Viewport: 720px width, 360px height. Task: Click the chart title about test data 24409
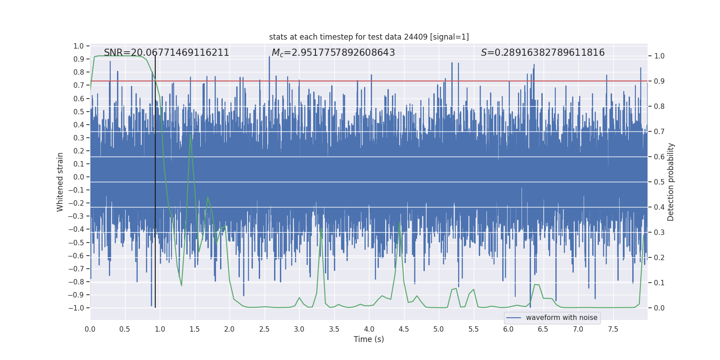[x=369, y=37]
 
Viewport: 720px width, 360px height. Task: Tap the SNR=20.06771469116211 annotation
[x=166, y=53]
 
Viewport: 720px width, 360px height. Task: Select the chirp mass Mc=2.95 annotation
[x=333, y=53]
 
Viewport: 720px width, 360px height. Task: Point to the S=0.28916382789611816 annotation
[x=543, y=53]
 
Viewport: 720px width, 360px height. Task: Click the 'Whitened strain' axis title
[x=60, y=182]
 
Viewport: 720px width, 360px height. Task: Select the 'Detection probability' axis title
[x=670, y=182]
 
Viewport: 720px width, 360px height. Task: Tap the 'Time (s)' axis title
[x=369, y=339]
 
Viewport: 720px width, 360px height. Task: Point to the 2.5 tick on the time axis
[x=264, y=329]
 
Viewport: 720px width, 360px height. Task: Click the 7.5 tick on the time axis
[x=613, y=329]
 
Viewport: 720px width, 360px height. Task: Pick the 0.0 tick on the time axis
[x=90, y=329]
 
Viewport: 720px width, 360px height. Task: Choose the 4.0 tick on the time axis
[x=369, y=329]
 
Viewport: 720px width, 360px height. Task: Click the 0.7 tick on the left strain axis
[x=79, y=85]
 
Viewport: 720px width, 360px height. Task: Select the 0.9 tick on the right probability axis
[x=659, y=81]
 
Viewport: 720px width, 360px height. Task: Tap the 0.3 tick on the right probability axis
[x=659, y=233]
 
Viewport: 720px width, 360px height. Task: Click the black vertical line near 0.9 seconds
[x=155, y=180]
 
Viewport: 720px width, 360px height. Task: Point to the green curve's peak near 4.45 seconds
[x=400, y=222]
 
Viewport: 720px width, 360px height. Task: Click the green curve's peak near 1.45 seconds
[x=190, y=134]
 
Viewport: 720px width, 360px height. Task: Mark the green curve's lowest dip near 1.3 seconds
[x=181, y=285]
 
